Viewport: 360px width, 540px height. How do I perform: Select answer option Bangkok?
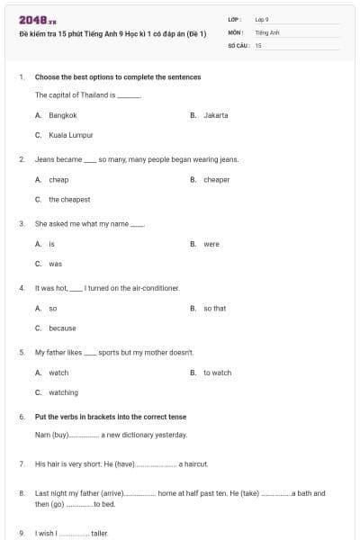[x=63, y=115]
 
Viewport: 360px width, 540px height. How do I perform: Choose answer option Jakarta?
[x=215, y=115]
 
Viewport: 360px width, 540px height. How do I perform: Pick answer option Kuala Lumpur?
[x=71, y=135]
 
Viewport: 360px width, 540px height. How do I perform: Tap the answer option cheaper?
[x=216, y=180]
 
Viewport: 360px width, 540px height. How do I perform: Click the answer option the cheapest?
[x=69, y=200]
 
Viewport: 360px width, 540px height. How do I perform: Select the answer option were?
[x=211, y=244]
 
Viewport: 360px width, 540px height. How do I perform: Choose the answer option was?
[x=55, y=264]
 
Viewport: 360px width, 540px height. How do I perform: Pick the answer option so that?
[x=214, y=309]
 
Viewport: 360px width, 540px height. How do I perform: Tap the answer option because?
[x=62, y=328]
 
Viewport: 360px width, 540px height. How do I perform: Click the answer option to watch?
[x=217, y=373]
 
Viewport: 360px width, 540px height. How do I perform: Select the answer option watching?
[x=63, y=392]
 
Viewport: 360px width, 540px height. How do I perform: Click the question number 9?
[x=22, y=534]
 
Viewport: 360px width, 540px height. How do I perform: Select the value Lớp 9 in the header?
[x=262, y=19]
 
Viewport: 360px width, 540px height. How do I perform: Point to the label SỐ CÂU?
[x=238, y=44]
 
